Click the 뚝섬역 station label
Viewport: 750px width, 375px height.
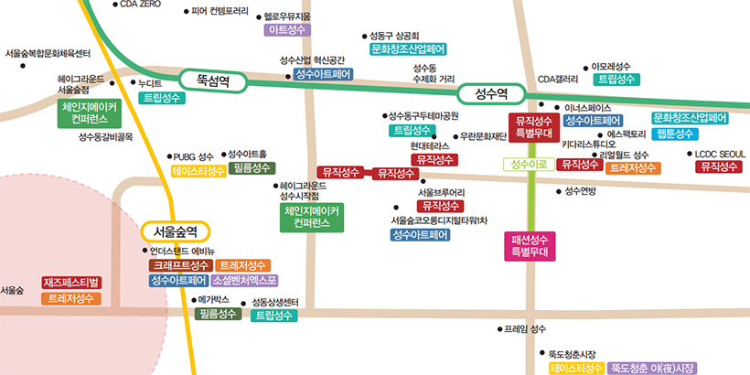point(211,80)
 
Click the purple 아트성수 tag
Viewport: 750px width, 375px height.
point(285,30)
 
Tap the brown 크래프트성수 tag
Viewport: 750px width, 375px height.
point(180,265)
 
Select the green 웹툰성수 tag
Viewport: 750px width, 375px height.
point(676,134)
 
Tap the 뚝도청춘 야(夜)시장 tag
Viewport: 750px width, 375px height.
point(653,368)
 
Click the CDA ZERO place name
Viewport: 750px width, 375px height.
point(140,5)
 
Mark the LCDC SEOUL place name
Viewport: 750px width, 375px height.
point(720,154)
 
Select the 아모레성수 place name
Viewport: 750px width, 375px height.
point(611,66)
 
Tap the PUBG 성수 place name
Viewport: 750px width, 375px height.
point(192,156)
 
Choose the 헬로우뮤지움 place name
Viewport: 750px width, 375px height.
point(284,16)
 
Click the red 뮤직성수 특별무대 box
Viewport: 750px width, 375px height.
point(534,127)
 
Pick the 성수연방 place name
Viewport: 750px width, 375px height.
point(580,191)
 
